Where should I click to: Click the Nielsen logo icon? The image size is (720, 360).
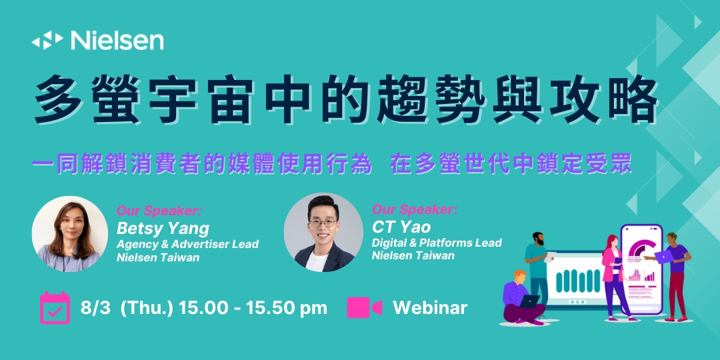click(x=47, y=41)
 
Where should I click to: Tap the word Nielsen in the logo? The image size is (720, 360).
click(x=117, y=41)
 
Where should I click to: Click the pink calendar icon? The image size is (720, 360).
click(x=55, y=307)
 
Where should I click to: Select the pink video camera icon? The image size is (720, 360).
click(x=364, y=307)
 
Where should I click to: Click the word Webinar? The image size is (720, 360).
click(x=430, y=307)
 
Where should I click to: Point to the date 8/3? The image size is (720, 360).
click(x=95, y=308)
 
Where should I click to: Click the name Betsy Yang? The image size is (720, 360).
click(x=163, y=228)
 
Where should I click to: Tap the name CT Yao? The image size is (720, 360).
click(x=401, y=227)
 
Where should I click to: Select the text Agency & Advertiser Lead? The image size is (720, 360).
click(x=187, y=244)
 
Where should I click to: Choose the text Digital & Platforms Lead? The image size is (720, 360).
click(x=437, y=242)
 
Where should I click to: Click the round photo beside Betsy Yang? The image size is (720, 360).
click(x=69, y=234)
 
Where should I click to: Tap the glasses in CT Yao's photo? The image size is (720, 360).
click(x=323, y=223)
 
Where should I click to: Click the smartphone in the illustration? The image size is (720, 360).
click(x=641, y=269)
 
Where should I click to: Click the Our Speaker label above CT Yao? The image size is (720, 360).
click(x=414, y=210)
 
